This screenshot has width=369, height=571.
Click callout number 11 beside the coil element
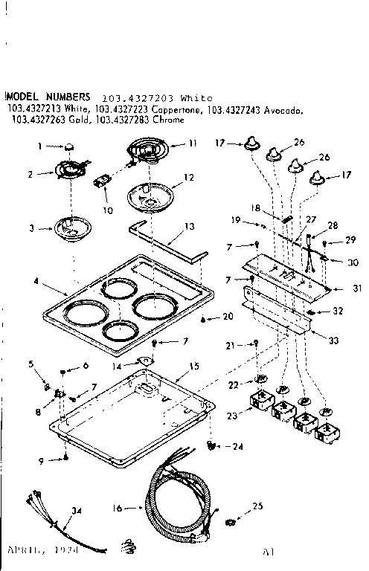193,142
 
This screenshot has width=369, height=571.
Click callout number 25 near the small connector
258,506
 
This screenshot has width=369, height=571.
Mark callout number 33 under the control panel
333,340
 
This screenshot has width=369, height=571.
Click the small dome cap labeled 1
68,148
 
